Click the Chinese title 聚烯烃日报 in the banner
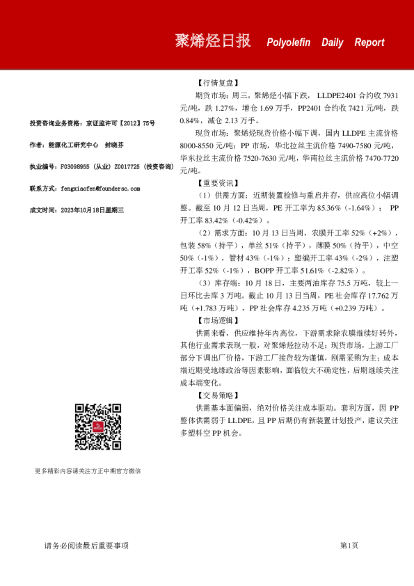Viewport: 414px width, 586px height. [213, 41]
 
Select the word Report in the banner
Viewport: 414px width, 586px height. [369, 42]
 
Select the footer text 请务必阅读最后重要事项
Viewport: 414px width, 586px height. [86, 546]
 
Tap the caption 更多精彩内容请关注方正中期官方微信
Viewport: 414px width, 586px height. [88, 471]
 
